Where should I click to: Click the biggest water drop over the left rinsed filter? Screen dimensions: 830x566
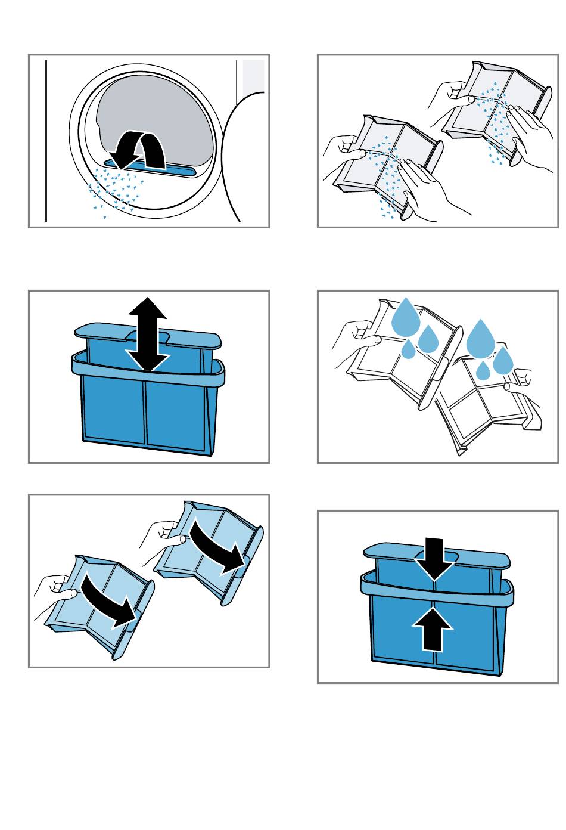[x=405, y=316]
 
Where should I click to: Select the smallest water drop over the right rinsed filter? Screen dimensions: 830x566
[x=483, y=371]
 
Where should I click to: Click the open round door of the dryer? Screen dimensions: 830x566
[x=238, y=161]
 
